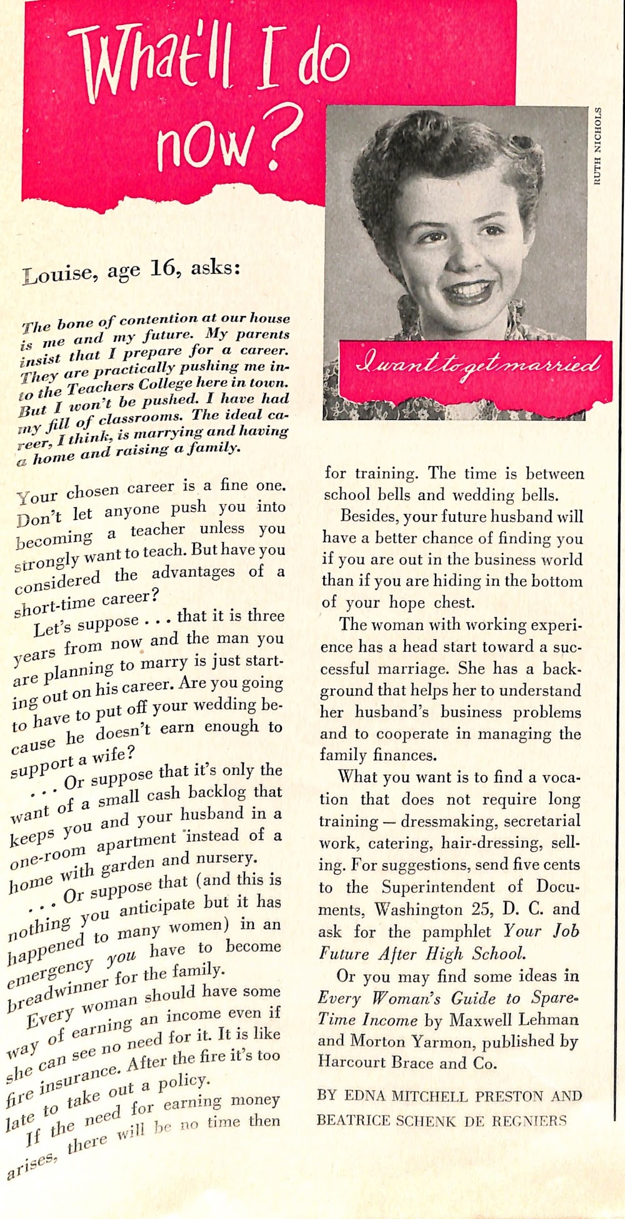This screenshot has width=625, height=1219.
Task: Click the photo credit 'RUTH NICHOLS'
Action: click(x=598, y=146)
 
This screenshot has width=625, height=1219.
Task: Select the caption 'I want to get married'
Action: click(x=476, y=364)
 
